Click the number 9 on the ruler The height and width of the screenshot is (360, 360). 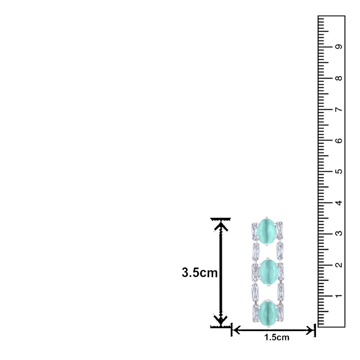[x=338, y=46]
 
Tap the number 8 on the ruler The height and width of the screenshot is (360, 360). [x=338, y=78]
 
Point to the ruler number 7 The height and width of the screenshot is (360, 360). [x=338, y=109]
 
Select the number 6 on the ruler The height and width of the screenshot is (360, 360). [x=338, y=140]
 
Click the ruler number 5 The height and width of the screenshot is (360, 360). [x=338, y=171]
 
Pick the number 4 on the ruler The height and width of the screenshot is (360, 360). [x=338, y=202]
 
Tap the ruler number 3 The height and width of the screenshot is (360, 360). [x=338, y=234]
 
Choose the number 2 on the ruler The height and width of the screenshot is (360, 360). [x=338, y=265]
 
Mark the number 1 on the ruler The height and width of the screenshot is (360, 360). [x=338, y=296]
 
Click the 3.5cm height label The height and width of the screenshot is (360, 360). [x=199, y=273]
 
